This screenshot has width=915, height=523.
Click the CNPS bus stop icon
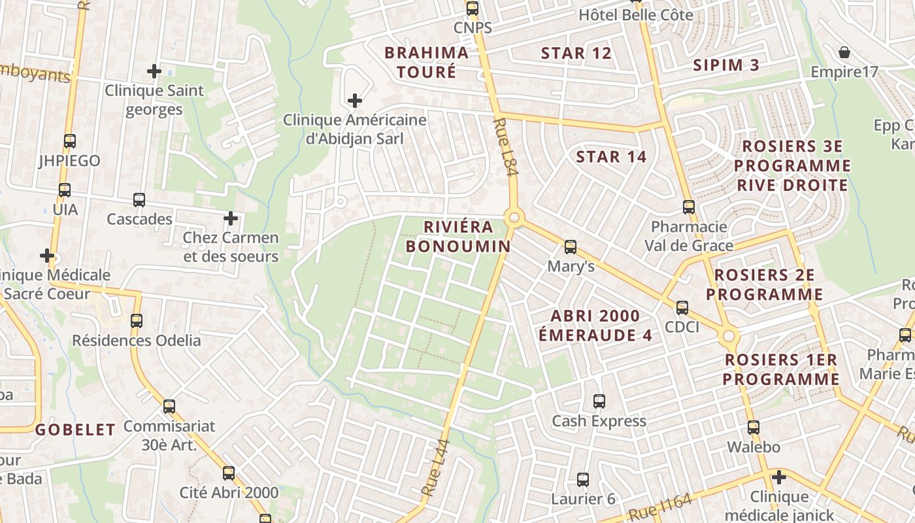(x=472, y=8)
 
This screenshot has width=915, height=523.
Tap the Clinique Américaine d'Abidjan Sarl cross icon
(x=354, y=101)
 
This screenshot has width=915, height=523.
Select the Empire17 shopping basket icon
(x=844, y=52)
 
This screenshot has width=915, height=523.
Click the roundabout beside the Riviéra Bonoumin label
(x=514, y=217)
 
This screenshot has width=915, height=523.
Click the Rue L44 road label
(x=436, y=467)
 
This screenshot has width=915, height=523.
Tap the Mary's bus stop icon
(x=571, y=246)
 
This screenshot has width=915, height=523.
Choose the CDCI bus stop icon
(x=682, y=307)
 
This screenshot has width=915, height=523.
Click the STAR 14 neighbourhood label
(x=611, y=157)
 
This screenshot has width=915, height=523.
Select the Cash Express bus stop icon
(x=599, y=401)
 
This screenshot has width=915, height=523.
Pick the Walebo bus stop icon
(x=753, y=428)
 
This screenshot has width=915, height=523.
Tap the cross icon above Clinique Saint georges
(x=154, y=71)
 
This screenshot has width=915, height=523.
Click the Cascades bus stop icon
(x=139, y=200)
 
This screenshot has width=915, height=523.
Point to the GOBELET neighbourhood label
(x=75, y=430)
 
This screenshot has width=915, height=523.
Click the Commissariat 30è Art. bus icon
(x=169, y=407)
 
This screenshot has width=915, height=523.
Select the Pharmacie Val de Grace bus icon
(x=688, y=207)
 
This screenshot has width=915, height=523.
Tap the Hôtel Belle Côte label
(x=635, y=14)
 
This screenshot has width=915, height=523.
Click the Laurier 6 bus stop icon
(x=583, y=480)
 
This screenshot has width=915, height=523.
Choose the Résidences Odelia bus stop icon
(x=137, y=321)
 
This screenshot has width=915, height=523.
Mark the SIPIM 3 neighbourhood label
(x=726, y=65)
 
